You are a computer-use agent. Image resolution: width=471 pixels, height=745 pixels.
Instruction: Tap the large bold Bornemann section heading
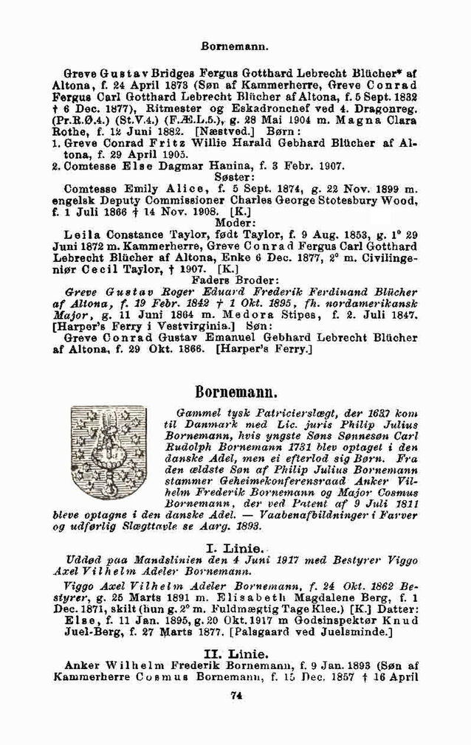[x=235, y=389]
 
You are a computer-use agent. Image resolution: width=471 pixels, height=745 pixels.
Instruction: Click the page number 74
[x=235, y=695]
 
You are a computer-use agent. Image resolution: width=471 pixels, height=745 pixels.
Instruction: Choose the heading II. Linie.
[x=235, y=651]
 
